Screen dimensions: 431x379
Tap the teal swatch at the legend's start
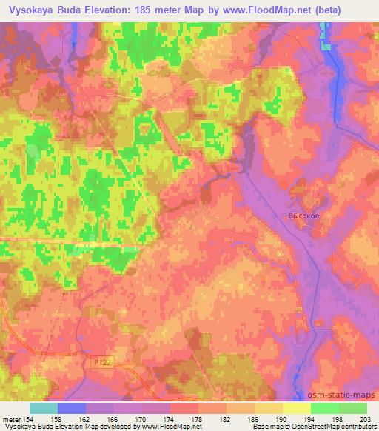click(x=44, y=408)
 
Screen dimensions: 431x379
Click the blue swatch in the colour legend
click(x=72, y=408)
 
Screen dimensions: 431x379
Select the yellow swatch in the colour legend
click(x=297, y=408)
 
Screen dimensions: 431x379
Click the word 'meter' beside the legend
click(x=13, y=419)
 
